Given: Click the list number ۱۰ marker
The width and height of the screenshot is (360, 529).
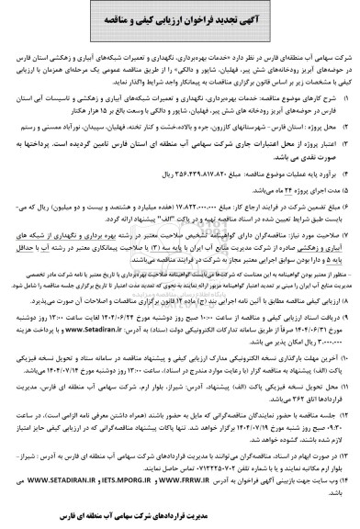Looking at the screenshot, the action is coord(348,349).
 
